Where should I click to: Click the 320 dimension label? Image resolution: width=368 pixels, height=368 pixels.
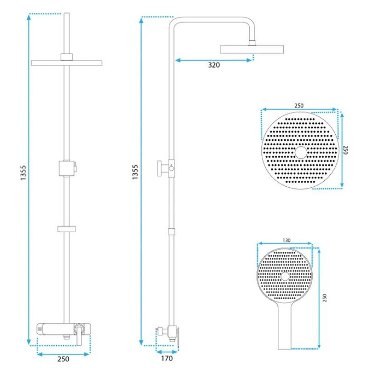click(214, 65)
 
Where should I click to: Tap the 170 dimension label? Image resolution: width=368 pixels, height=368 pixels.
click(167, 358)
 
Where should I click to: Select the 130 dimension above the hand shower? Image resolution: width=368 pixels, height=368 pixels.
click(287, 240)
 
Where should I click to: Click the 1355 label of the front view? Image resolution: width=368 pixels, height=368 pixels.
click(23, 173)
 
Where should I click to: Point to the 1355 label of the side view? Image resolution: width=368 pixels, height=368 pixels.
click(135, 172)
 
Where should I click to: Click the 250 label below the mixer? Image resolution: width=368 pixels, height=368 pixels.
click(63, 359)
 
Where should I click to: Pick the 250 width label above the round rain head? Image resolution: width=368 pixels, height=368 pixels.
click(299, 106)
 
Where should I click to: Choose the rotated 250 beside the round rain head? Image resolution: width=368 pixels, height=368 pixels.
click(345, 150)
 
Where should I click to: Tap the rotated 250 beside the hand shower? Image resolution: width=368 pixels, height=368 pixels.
click(325, 298)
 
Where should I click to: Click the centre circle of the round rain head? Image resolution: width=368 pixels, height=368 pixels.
click(301, 152)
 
